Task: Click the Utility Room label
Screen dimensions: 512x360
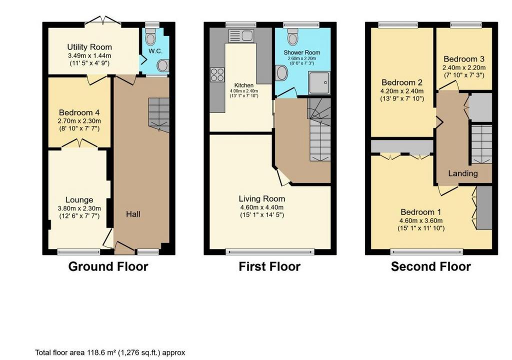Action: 89,47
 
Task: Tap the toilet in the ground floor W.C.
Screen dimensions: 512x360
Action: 150,37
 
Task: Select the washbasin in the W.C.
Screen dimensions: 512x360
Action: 162,65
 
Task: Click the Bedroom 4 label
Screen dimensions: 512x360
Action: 79,112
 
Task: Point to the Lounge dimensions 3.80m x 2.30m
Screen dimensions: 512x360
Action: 79,208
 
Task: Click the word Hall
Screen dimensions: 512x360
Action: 133,214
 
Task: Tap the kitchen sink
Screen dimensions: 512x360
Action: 241,36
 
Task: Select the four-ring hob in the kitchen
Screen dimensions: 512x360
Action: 217,75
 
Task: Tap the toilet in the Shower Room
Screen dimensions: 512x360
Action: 293,36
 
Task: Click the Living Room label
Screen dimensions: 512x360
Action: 262,198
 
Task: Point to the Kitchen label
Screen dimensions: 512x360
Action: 244,85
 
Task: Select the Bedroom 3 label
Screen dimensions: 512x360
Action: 464,59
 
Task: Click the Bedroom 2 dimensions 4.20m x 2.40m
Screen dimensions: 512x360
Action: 402,91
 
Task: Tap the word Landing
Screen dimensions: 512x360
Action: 462,173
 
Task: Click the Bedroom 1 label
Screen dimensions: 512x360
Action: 421,212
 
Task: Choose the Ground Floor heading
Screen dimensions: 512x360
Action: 108,266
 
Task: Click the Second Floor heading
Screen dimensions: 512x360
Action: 430,266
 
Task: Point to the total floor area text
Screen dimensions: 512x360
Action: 110,353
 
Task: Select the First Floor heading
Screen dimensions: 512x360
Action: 269,266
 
